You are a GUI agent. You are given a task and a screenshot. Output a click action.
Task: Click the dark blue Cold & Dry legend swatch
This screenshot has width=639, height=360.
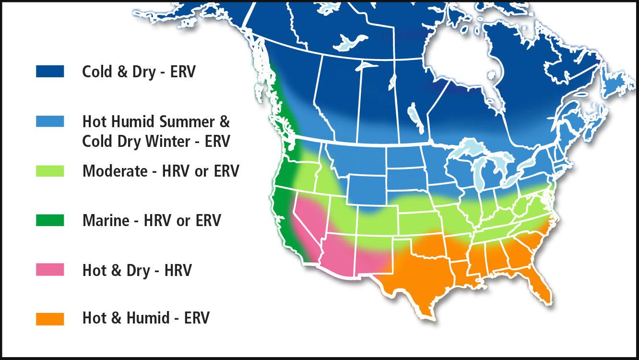tap(50, 72)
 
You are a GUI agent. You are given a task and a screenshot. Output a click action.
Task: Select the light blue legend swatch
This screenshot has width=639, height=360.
tap(50, 121)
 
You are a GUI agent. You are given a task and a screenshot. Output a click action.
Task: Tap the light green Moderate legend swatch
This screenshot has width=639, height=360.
tap(50, 171)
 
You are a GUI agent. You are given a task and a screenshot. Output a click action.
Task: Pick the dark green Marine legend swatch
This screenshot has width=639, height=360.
tap(50, 220)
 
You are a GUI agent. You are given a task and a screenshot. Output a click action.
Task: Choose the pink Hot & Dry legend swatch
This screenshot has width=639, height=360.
tap(50, 270)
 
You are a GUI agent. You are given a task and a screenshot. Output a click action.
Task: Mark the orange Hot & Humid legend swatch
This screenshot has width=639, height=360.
tap(50, 319)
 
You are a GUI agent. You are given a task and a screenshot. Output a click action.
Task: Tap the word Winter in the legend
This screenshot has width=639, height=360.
tap(174, 142)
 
